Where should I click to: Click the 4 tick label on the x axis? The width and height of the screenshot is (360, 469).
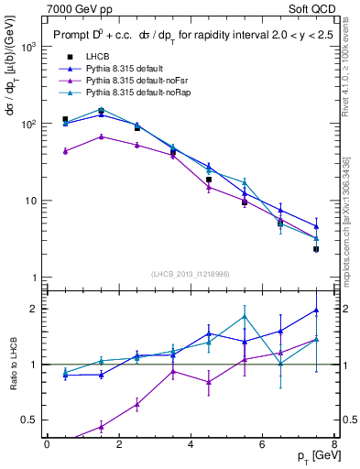click(x=190, y=443)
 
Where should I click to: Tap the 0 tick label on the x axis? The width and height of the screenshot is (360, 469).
click(x=47, y=443)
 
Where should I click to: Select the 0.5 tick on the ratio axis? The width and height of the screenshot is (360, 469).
click(x=27, y=420)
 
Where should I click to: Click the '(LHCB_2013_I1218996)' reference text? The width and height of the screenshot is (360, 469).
click(x=190, y=274)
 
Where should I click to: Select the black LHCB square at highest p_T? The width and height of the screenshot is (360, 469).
click(x=316, y=249)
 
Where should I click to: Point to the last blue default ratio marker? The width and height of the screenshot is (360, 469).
click(x=316, y=311)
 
